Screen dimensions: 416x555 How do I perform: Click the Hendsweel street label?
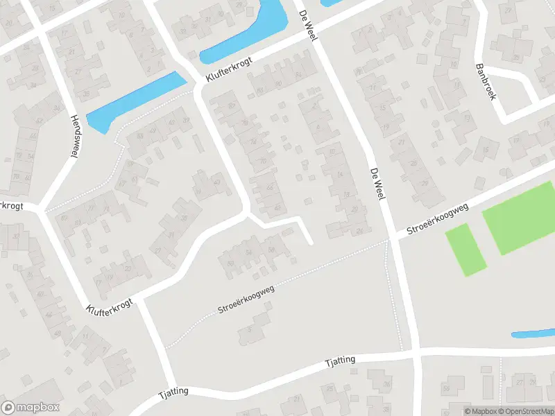click(x=73, y=136)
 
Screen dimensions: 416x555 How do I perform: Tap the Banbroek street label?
click(x=485, y=83)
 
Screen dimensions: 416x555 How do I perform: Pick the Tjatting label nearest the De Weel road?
click(x=341, y=361)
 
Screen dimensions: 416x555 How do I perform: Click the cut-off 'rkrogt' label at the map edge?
click(x=12, y=206)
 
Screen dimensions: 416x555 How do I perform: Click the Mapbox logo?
click(x=30, y=408)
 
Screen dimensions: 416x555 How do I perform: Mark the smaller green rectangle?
click(x=465, y=249)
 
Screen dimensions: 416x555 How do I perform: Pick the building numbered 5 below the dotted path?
click(x=250, y=329)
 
